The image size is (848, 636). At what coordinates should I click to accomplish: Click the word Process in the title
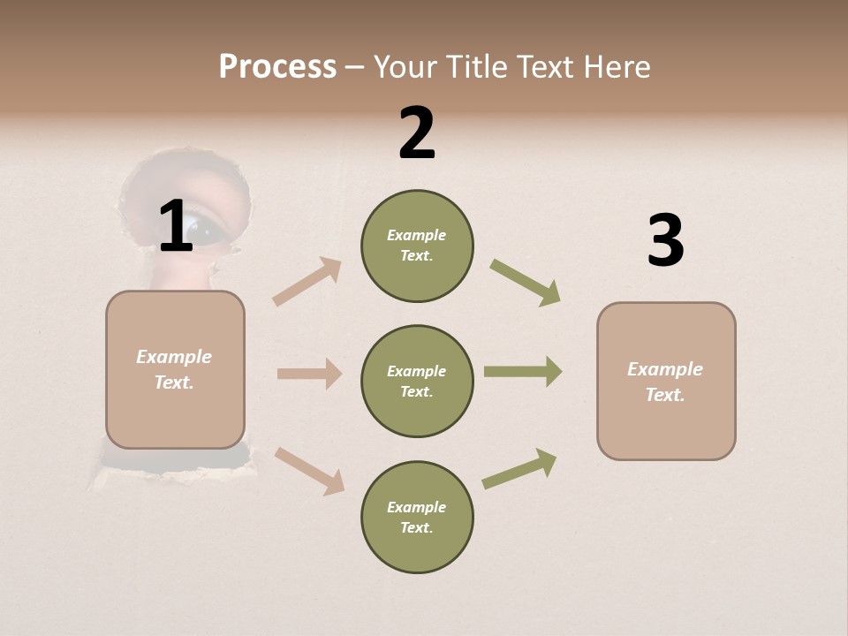point(277,66)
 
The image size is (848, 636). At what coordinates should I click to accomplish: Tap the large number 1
point(176,226)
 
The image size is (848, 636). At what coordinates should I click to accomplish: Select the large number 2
point(417,133)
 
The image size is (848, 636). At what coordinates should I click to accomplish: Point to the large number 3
point(665,240)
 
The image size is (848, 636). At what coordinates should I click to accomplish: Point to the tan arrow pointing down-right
point(309,471)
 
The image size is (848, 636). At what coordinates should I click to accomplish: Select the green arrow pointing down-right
point(525,283)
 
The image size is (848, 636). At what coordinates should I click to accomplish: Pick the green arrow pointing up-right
point(519,469)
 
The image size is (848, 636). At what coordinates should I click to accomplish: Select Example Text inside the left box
point(174,369)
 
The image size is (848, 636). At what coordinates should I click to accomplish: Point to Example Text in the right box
point(665,382)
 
